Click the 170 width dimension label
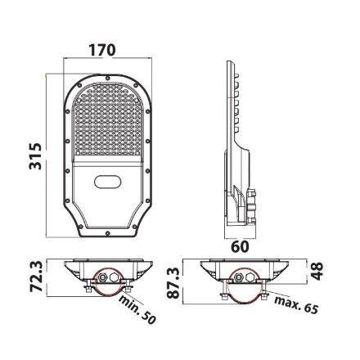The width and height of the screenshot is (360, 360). [102, 50]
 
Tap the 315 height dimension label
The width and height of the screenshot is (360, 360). [36, 156]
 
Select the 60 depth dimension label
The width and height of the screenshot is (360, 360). [240, 246]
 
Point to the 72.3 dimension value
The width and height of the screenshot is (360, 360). [36, 277]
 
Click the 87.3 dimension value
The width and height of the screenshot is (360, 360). [173, 283]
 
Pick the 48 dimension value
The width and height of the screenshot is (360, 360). [317, 272]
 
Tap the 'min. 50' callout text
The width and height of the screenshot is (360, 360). [137, 309]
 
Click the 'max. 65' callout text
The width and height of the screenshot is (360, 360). [296, 304]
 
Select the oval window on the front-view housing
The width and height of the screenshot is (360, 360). [107, 182]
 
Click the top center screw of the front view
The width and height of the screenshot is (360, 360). [108, 79]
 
